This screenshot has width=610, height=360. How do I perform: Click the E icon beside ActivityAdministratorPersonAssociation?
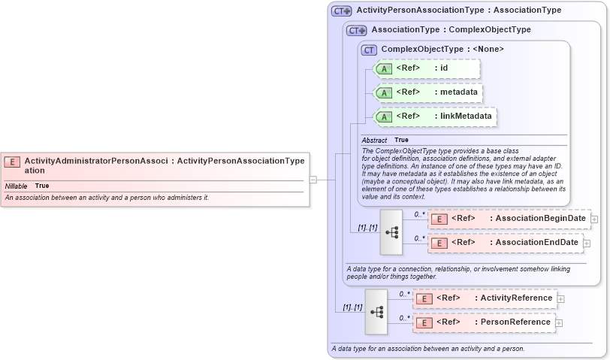(x=12, y=161)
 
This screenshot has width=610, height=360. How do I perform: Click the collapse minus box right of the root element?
(x=313, y=180)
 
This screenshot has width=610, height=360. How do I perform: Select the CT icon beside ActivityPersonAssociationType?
(x=342, y=11)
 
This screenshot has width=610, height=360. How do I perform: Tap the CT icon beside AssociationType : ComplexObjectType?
(x=357, y=31)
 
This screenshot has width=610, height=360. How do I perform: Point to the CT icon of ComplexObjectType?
(x=369, y=50)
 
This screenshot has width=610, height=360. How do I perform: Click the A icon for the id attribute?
(x=384, y=69)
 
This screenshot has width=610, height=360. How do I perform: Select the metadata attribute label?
(x=459, y=92)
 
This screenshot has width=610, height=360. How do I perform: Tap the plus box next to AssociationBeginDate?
(x=594, y=219)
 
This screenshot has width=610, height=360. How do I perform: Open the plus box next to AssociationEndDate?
(x=587, y=243)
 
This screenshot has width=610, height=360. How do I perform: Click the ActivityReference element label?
(x=516, y=298)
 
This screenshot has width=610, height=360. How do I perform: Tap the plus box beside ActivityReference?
(x=560, y=298)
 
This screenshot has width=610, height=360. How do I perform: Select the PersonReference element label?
(x=515, y=322)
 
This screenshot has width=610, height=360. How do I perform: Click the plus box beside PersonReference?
(x=559, y=322)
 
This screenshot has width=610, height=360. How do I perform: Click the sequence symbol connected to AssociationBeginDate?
(x=391, y=231)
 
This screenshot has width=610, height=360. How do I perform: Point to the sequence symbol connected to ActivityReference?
(x=376, y=311)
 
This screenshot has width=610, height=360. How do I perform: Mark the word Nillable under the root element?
(x=17, y=186)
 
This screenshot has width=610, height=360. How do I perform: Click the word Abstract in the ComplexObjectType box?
(x=374, y=141)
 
